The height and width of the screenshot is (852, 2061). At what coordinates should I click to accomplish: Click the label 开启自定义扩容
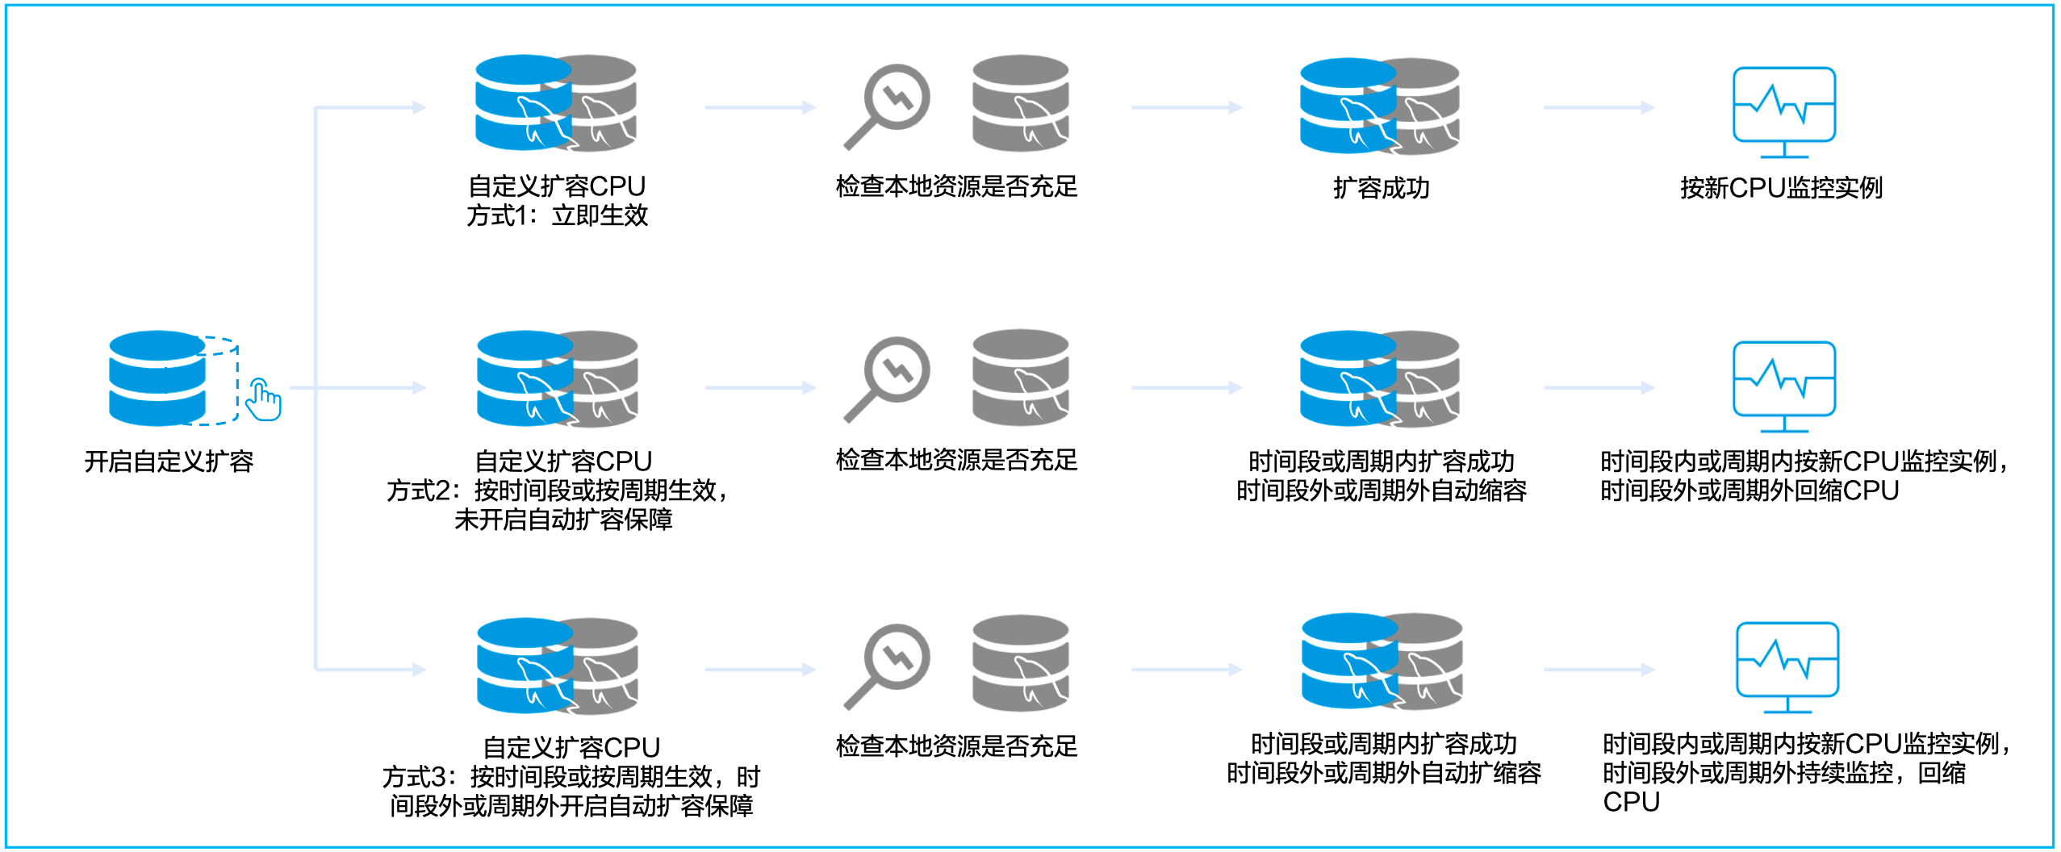[x=169, y=461]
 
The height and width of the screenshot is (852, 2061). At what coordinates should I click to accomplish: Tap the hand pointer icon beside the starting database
[x=263, y=399]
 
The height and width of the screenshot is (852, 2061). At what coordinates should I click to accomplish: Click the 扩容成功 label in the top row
[x=1381, y=188]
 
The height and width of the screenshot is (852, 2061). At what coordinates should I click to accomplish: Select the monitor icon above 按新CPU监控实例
[x=1784, y=111]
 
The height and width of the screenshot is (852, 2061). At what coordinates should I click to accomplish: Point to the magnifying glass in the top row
[x=887, y=106]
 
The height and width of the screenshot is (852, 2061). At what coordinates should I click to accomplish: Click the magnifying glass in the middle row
[x=887, y=378]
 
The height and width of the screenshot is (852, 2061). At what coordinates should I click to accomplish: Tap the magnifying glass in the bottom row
[x=887, y=666]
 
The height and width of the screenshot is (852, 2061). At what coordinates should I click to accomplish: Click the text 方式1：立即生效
[x=557, y=216]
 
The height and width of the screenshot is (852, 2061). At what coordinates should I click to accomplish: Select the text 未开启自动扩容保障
[x=563, y=520]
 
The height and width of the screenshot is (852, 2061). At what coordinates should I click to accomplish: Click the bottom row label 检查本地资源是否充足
[x=956, y=746]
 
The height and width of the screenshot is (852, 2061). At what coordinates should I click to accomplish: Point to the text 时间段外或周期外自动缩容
[x=1381, y=491]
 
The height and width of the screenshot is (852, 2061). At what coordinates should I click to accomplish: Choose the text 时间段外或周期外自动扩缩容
[x=1383, y=774]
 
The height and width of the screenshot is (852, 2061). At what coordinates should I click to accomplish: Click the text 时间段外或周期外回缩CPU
[x=1749, y=491]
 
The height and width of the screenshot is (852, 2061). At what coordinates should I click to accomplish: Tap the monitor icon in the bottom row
[x=1787, y=666]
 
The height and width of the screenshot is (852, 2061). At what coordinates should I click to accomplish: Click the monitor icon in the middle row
[x=1784, y=386]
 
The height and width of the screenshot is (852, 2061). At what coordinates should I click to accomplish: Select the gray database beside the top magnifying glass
[x=1020, y=103]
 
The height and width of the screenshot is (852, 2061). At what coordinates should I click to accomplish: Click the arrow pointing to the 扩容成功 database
[x=1185, y=107]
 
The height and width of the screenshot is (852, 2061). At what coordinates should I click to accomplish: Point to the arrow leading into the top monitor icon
[x=1599, y=107]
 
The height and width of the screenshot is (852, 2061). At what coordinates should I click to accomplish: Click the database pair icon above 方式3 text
[x=557, y=666]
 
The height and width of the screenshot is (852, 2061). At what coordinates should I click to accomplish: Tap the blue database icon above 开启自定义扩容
[x=157, y=378]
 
